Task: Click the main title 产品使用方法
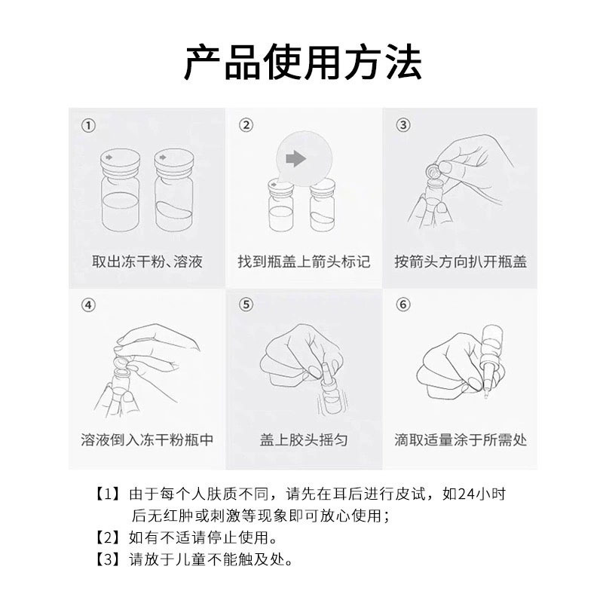[x=303, y=62]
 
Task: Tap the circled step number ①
[x=88, y=125]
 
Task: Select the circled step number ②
[x=246, y=124]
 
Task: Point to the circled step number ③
[x=403, y=124]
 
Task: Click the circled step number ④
[x=88, y=305]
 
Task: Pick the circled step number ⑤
[x=246, y=305]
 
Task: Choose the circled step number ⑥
[x=403, y=305]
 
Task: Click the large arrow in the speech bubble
[x=295, y=158]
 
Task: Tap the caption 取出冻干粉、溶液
[x=147, y=262]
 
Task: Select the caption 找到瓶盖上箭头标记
[x=304, y=262]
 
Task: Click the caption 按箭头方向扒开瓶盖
[x=461, y=262]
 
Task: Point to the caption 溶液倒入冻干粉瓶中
[x=147, y=439]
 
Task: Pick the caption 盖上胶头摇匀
[x=304, y=439]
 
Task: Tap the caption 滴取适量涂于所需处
[x=461, y=439]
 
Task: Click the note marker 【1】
[x=108, y=494]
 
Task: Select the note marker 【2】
[x=108, y=537]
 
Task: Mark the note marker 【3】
[x=108, y=559]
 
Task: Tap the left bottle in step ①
[x=120, y=190]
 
